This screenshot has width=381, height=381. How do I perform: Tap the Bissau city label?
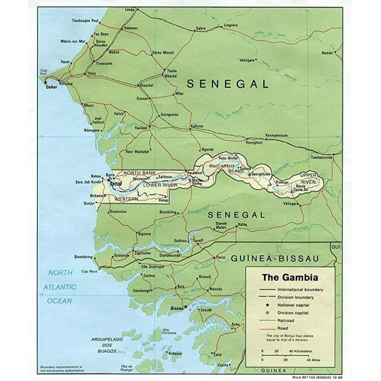click(176, 308)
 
